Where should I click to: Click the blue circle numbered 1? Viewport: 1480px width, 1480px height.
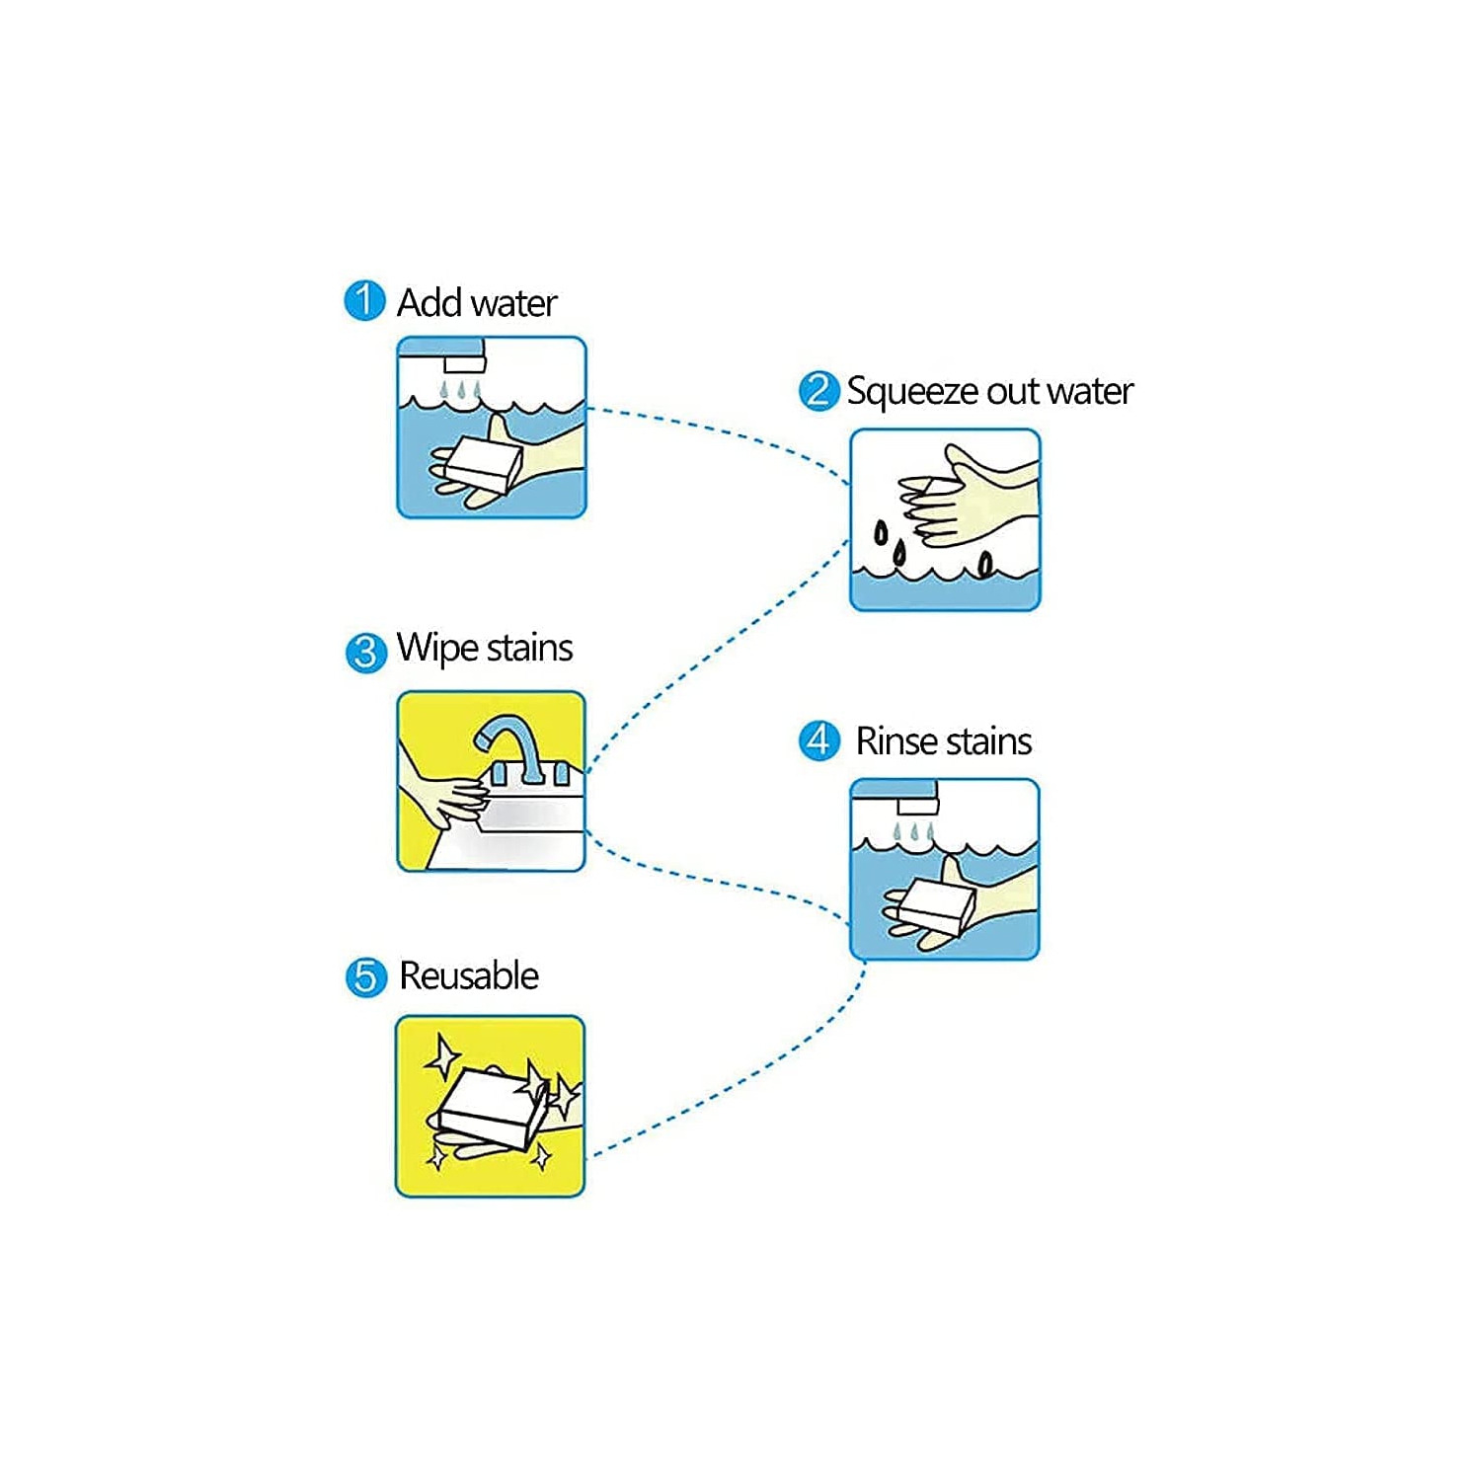[x=364, y=301]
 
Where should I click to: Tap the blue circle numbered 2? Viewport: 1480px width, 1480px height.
[x=818, y=391]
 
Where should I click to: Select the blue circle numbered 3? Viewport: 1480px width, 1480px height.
[x=365, y=652]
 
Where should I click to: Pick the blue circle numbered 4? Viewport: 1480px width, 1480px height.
[x=818, y=740]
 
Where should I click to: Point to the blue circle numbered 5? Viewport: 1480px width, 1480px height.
[x=365, y=976]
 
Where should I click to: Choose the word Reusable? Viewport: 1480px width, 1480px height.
[x=469, y=975]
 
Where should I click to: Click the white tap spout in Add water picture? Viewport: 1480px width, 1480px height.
[x=464, y=364]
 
